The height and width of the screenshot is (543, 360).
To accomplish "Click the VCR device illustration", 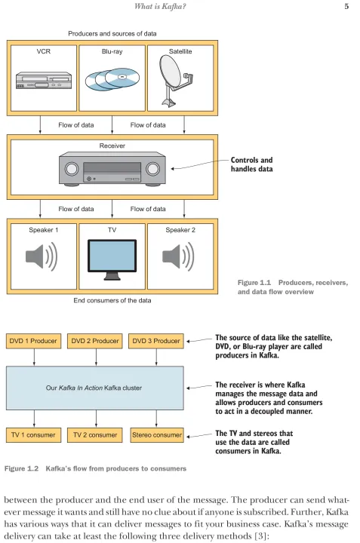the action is (x=44, y=81).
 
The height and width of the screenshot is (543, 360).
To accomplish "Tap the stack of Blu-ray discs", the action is (x=112, y=79).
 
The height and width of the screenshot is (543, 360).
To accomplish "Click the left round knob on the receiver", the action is (x=72, y=169).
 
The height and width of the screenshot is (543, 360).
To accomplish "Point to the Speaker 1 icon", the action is (x=42, y=256).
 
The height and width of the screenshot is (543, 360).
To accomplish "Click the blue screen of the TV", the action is (x=112, y=255).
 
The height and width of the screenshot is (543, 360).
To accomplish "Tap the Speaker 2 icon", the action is (x=178, y=256).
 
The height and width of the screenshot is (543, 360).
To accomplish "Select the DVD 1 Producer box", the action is (x=34, y=341).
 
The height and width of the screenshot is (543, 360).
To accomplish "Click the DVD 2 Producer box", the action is (x=95, y=341).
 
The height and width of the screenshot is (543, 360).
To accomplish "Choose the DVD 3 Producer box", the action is (x=156, y=341).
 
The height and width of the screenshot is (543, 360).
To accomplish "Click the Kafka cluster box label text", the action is (x=94, y=388).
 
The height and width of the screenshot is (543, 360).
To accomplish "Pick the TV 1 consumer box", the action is (x=34, y=435).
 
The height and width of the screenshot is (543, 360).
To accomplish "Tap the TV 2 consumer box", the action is (x=95, y=435).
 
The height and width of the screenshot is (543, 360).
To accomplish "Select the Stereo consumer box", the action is (x=156, y=435).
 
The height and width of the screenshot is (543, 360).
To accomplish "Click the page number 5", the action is (x=346, y=6).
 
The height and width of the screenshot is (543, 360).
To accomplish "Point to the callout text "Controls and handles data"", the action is (x=252, y=164).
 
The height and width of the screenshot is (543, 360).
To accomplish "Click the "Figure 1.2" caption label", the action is (x=21, y=468).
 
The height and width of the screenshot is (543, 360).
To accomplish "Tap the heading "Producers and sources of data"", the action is (x=112, y=34).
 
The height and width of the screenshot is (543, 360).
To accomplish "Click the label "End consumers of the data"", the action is (x=112, y=301).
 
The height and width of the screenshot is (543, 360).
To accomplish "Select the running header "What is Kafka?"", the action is (x=160, y=6).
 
